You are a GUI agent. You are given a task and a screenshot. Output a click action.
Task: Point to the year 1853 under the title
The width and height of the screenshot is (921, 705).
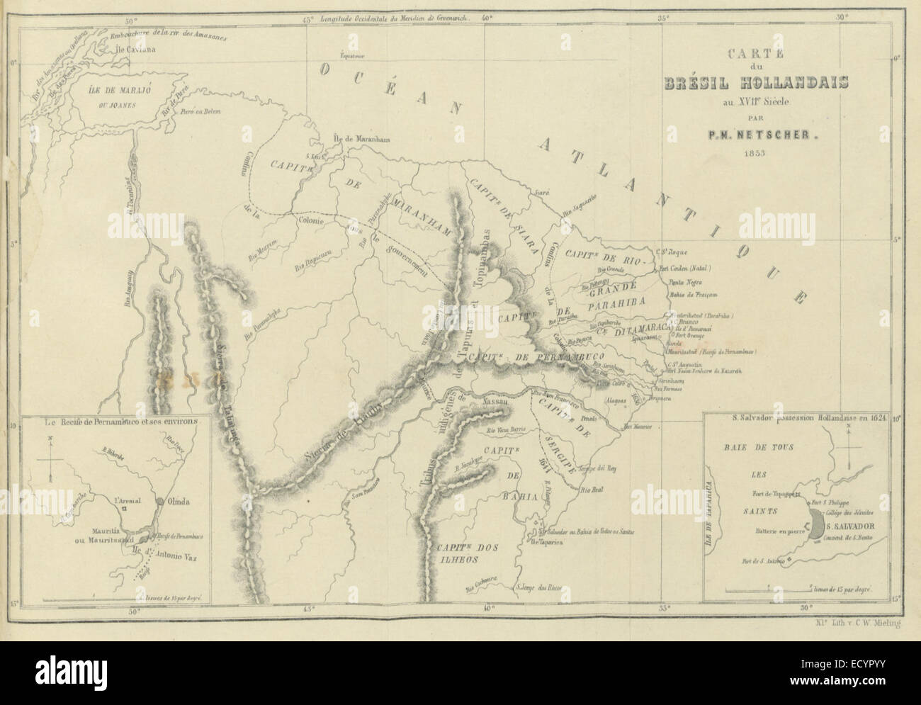pos(740,153)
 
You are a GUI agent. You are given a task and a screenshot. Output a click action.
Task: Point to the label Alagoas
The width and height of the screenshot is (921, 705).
pos(616,400)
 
